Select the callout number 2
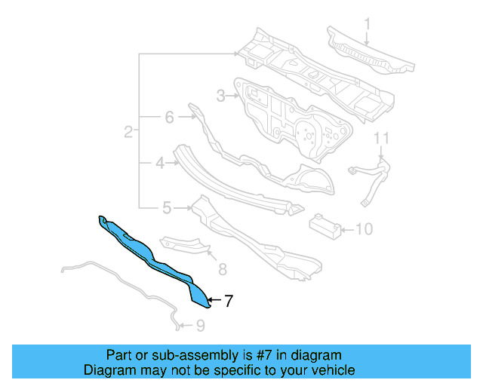click(x=128, y=133)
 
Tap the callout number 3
click(x=220, y=96)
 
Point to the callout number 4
click(x=160, y=162)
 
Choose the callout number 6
click(x=169, y=117)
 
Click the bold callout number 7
click(x=228, y=301)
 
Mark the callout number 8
click(x=222, y=268)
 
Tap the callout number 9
click(x=199, y=326)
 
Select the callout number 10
click(x=364, y=228)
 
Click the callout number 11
click(x=381, y=137)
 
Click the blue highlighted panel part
click(x=151, y=253)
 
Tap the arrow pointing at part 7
click(x=214, y=301)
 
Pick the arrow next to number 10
click(x=347, y=228)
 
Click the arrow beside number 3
click(x=232, y=96)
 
